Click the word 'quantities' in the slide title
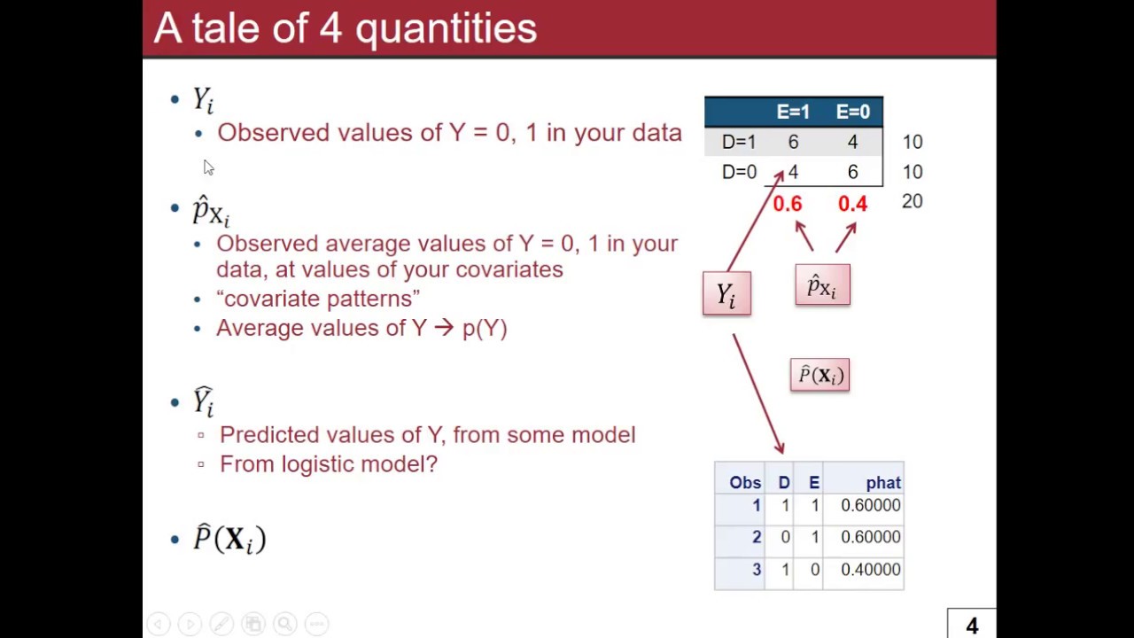[x=446, y=28]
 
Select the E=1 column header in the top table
[x=793, y=112]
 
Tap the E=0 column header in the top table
[x=852, y=112]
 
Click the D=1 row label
[x=739, y=142]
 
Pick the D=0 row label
[x=739, y=172]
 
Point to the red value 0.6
[x=787, y=205]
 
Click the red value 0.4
[x=852, y=205]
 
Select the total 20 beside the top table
[x=912, y=201]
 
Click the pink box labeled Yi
[x=726, y=294]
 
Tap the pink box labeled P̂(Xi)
[x=819, y=375]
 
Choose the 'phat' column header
[x=883, y=483]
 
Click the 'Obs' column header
[x=745, y=483]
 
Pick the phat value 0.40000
[x=870, y=570]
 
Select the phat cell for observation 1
[x=870, y=505]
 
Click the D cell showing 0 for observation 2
[x=785, y=537]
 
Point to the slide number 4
[x=972, y=626]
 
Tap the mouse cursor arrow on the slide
[x=207, y=167]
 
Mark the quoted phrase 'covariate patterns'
[x=318, y=299]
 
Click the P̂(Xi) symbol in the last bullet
[x=229, y=539]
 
